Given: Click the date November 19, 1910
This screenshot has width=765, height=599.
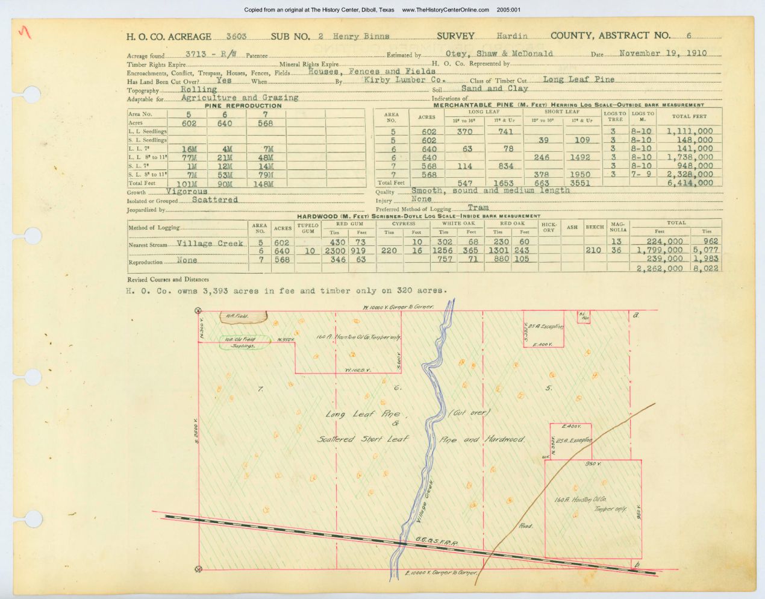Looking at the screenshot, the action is (663, 53).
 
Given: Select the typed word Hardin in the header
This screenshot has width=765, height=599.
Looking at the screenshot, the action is (512, 36).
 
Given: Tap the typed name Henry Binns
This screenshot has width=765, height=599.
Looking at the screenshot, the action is (362, 36).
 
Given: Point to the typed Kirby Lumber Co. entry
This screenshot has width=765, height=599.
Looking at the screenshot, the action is (404, 80).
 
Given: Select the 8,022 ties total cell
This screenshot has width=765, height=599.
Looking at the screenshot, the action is (705, 268).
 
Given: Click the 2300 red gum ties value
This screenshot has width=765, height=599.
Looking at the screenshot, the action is (335, 251).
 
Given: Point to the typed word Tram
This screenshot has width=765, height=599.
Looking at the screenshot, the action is (478, 208).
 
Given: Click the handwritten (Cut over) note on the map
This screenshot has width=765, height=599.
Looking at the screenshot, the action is (470, 413).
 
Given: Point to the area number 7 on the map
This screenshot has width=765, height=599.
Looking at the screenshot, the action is (260, 389).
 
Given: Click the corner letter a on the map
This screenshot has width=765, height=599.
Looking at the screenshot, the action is (635, 315).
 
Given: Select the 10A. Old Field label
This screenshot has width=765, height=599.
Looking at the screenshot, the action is (240, 339).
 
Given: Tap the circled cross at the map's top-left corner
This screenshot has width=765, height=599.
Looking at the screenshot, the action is (198, 310).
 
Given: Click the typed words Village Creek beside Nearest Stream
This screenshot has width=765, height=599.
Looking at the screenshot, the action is (210, 243).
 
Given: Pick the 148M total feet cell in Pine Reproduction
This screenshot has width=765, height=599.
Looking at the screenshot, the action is (265, 183).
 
